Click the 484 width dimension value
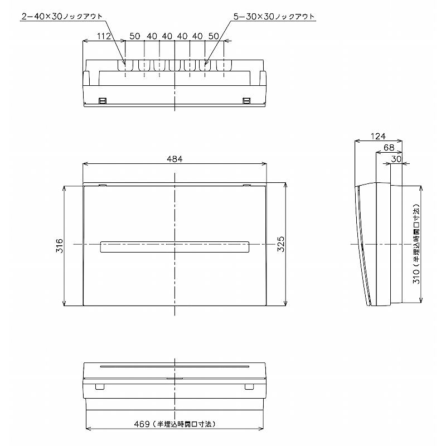[x=174, y=159]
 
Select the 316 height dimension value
[x=60, y=246]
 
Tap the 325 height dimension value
[x=281, y=244]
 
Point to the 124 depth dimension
[x=378, y=136]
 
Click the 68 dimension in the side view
[x=389, y=147]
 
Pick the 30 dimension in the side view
[x=396, y=159]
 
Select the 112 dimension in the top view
[x=104, y=36]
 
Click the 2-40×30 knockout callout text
[x=62, y=17]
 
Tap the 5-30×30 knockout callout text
[x=274, y=17]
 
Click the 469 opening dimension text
[x=175, y=424]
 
